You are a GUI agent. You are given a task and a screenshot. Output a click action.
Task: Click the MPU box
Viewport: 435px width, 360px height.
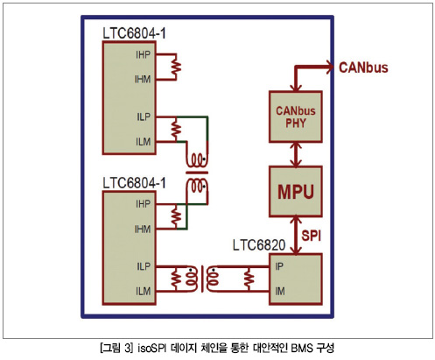coord(296,192)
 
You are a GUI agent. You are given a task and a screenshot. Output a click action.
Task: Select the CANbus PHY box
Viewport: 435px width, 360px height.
coord(296,116)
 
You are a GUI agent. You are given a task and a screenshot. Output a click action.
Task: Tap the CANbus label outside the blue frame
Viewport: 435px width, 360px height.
coord(363,67)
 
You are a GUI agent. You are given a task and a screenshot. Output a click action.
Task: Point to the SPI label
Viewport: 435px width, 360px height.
coord(312,236)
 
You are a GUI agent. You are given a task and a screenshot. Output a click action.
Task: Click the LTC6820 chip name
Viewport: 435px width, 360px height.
coord(259,245)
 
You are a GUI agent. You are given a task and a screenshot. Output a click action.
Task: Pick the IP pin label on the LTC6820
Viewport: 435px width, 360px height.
coord(279,266)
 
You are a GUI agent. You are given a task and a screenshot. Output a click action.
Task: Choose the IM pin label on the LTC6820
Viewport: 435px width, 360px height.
coord(280,291)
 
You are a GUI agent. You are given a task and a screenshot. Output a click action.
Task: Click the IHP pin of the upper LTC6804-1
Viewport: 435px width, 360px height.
coord(143,54)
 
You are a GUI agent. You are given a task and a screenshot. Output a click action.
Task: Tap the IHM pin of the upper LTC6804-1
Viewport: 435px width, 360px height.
coord(143,80)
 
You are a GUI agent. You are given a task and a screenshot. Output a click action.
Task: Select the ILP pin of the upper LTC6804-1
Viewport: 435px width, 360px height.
coord(144,116)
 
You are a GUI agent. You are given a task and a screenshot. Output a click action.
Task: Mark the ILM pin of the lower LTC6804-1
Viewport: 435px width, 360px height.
coord(143,291)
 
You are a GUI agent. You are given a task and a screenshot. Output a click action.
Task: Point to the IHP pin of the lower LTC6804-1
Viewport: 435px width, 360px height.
coord(143,204)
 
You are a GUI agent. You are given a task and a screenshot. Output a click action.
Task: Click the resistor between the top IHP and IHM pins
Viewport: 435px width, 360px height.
coord(176,67)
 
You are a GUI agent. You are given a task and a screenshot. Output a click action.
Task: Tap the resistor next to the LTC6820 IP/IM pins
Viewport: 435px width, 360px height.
coord(249,279)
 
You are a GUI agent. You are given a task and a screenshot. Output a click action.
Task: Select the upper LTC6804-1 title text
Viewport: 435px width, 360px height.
coord(134,33)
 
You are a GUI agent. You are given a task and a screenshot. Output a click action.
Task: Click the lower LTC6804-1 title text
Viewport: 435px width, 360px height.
coord(134,183)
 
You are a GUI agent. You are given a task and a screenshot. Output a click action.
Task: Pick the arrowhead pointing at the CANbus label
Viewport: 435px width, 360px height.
coord(330,67)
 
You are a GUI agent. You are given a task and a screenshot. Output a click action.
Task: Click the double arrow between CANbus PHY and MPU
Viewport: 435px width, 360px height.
coord(296,154)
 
